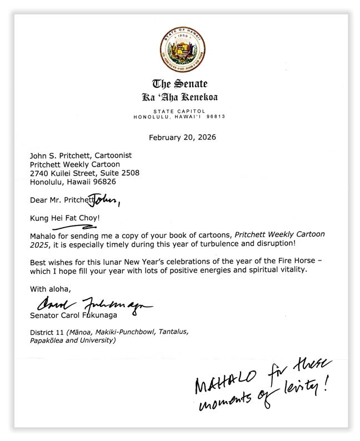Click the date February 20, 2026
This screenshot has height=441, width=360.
tap(180, 137)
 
